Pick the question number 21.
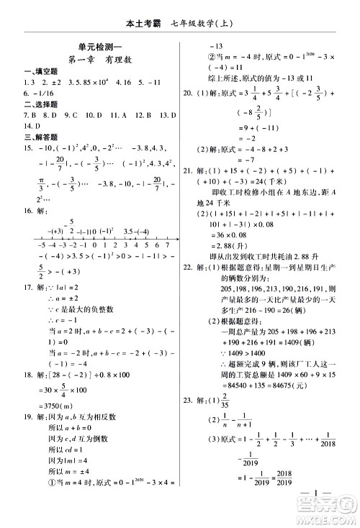[189, 171]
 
